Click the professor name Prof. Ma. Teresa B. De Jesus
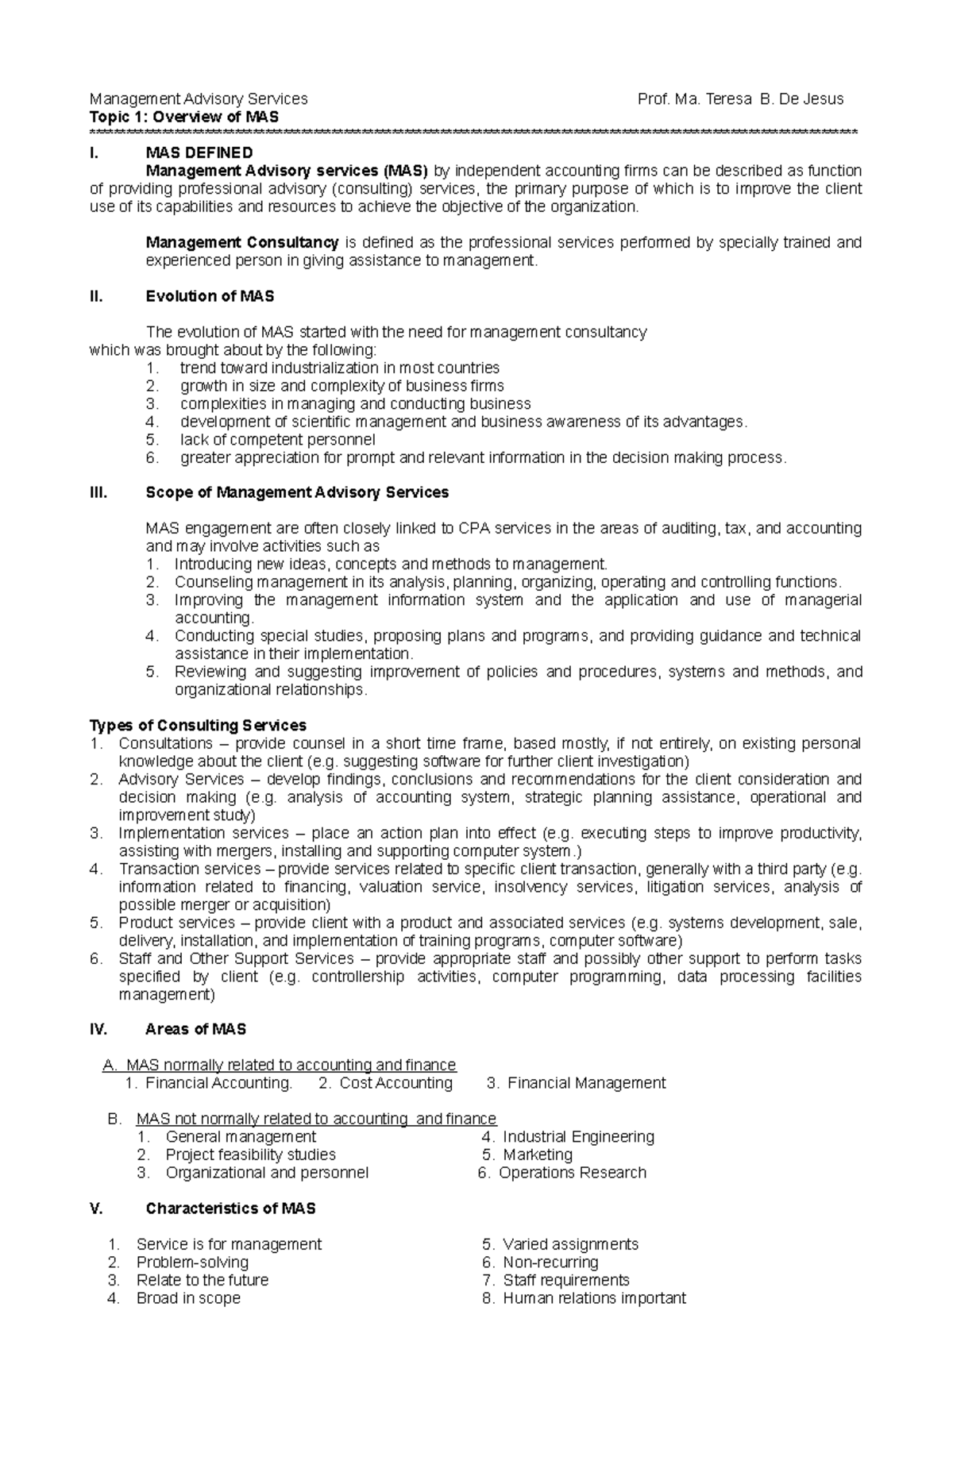coord(740,99)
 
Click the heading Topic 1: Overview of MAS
coord(184,118)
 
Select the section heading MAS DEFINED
coord(199,152)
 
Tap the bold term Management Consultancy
coord(242,242)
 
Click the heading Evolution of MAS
coord(210,296)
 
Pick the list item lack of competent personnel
coord(277,440)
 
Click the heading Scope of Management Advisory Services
coord(297,492)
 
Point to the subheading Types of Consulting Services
coord(198,726)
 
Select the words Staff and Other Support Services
coord(236,958)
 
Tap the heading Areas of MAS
coord(195,1029)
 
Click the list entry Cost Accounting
coord(395,1083)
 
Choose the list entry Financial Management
coord(586,1083)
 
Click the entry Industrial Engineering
coord(578,1137)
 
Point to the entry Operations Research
coord(572,1173)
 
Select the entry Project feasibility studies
coord(250,1154)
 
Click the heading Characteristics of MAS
coord(230,1208)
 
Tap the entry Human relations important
coord(594,1298)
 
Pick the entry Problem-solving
coord(192,1262)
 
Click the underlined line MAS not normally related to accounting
coord(316,1119)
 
